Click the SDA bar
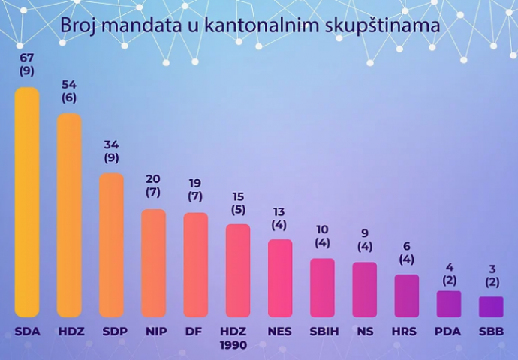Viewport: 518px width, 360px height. [27, 202]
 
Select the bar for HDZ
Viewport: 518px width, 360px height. [69, 215]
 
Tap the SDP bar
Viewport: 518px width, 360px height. [111, 245]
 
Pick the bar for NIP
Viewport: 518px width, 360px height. [154, 263]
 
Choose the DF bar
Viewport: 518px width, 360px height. [195, 265]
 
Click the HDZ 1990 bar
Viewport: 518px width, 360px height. [238, 271]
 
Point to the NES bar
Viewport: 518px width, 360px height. [280, 278]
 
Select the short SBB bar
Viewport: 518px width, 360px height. [492, 307]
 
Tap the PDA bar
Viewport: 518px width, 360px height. [449, 304]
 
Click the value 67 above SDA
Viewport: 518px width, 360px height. [27, 58]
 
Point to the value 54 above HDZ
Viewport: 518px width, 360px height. [69, 84]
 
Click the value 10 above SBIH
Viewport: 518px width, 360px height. [322, 229]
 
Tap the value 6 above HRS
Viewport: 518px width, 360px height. [407, 246]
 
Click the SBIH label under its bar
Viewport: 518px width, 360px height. [322, 331]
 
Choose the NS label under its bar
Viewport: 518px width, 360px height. [364, 331]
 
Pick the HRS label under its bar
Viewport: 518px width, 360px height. [407, 331]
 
